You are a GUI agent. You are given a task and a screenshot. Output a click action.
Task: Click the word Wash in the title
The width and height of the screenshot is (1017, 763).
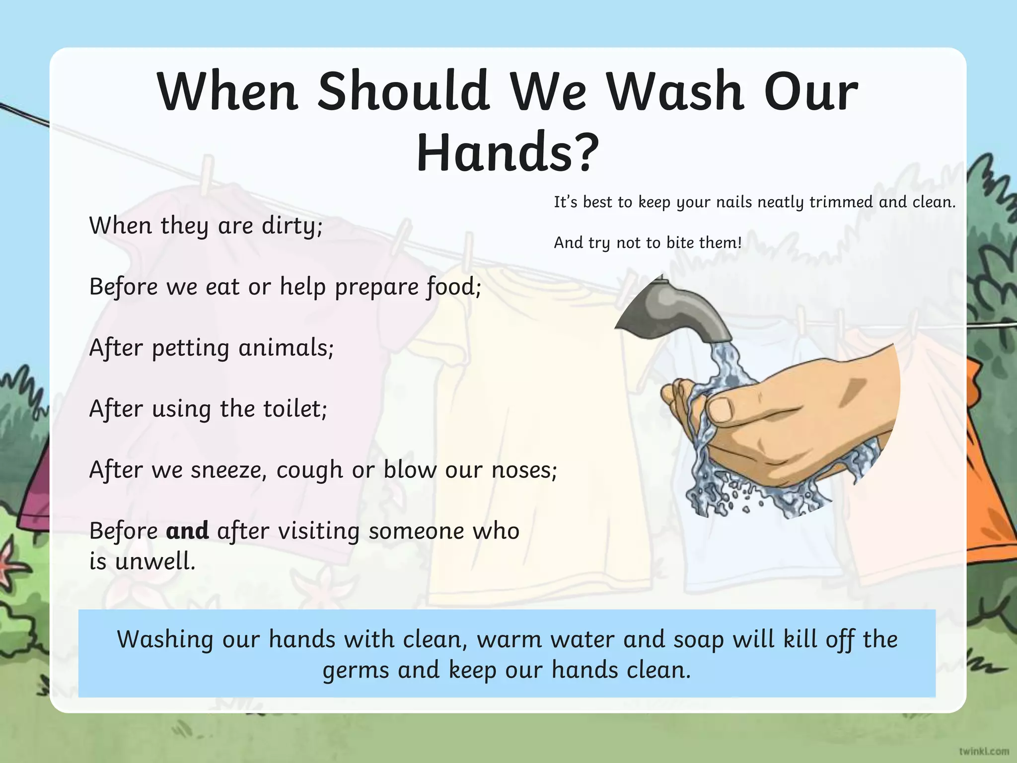point(675,91)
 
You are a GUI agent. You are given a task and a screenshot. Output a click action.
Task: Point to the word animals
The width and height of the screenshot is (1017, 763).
point(286,348)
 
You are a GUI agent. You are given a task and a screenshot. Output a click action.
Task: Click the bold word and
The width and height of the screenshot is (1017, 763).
point(187,531)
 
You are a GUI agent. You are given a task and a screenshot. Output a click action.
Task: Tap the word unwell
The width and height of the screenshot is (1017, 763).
point(155,562)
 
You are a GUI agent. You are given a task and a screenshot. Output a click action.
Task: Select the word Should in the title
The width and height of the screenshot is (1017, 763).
point(403,91)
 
